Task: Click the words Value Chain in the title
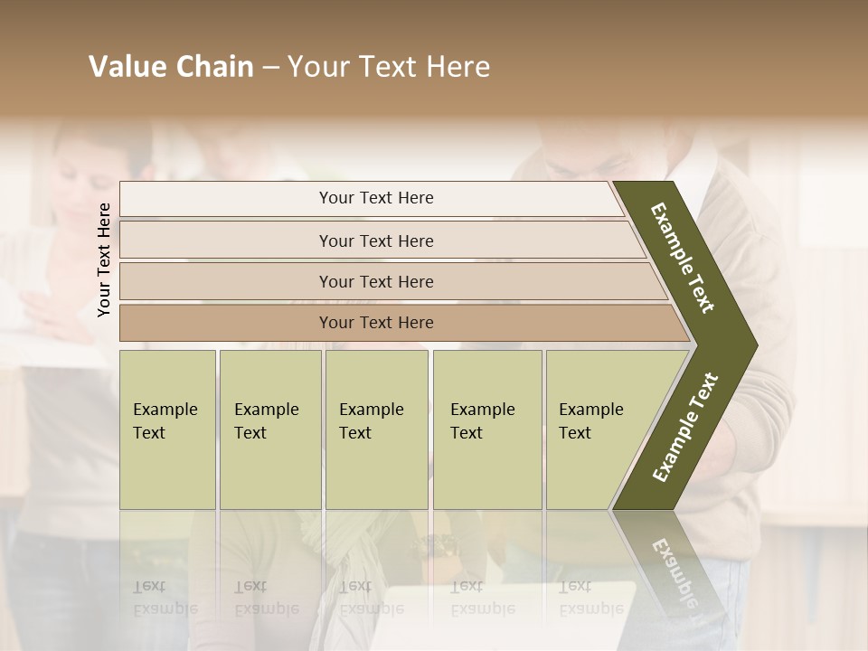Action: pos(171,67)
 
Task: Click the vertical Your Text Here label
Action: pos(104,259)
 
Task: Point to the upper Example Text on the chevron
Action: pos(683,258)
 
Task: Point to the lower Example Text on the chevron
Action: pos(685,427)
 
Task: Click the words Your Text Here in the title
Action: pos(389,67)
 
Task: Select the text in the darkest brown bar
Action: pos(376,323)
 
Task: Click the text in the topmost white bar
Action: pos(376,198)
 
